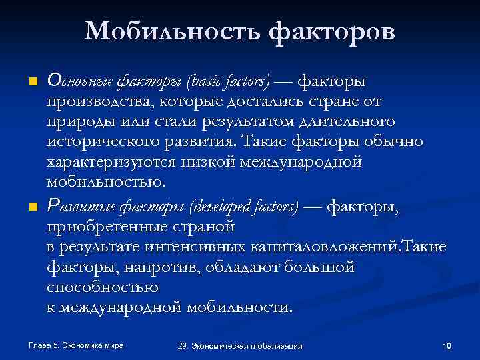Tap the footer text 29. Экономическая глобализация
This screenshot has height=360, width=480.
point(240,346)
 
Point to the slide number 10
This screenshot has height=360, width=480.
point(447,345)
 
